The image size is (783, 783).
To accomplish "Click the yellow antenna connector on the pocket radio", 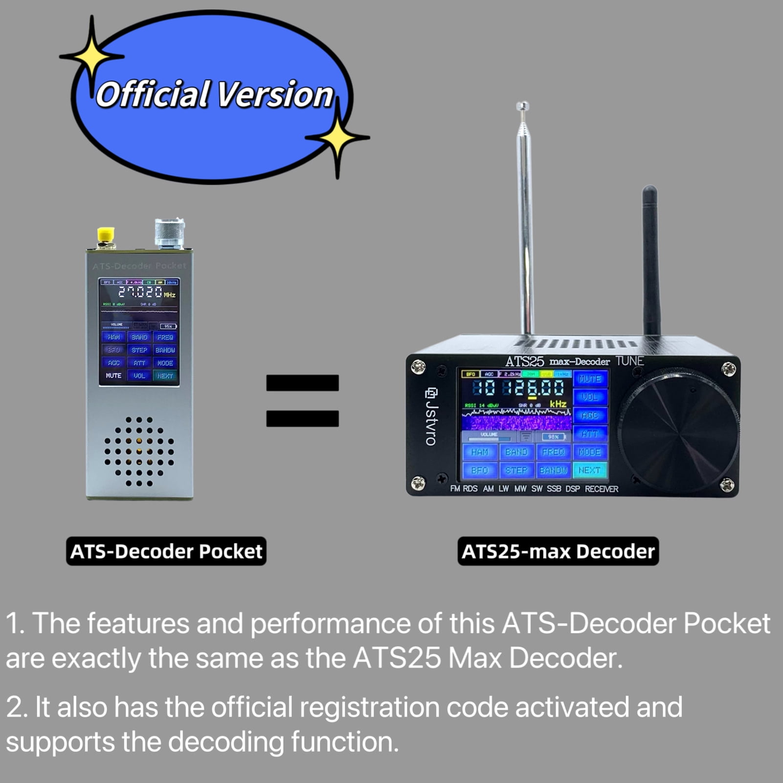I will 106,235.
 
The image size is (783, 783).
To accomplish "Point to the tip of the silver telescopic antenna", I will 522,105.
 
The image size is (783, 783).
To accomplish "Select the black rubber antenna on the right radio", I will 650,259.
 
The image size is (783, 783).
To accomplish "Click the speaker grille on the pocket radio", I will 139,452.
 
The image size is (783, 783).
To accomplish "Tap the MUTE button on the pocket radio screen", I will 113,376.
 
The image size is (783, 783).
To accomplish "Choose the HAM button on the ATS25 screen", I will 480,452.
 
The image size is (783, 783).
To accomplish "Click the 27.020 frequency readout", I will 140,292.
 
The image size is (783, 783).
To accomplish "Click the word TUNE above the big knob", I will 629,361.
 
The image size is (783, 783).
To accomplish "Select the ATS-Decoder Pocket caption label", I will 166,551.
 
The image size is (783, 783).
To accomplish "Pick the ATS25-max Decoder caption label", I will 558,551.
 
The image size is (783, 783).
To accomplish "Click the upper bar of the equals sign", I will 302,382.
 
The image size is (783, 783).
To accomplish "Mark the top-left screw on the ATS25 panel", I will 418,367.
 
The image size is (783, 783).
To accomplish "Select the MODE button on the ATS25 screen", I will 590,452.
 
